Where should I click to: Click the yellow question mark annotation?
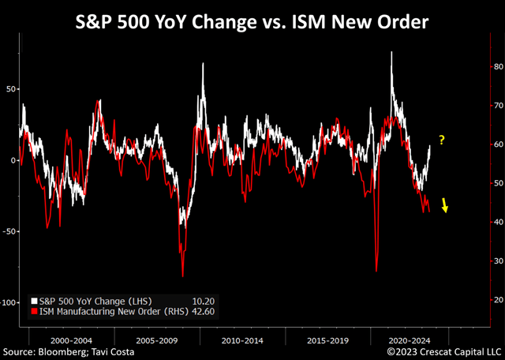tap(442, 141)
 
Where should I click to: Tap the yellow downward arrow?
tap(445, 205)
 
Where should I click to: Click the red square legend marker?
tap(35, 313)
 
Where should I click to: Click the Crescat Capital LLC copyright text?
tap(444, 351)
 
